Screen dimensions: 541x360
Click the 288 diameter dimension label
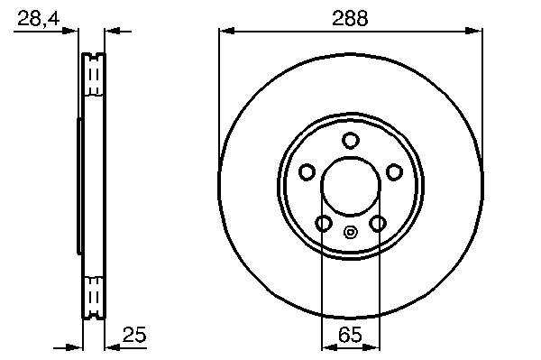350,18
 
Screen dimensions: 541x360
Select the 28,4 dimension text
38,18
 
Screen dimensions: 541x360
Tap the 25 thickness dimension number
134,334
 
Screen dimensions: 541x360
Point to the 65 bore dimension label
350,334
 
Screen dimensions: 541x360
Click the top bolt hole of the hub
350,141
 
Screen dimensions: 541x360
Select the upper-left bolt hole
307,172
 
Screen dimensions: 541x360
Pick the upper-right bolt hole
394,172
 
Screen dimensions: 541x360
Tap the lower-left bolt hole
324,224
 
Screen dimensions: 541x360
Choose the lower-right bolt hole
378,224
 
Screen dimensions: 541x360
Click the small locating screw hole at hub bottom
350,232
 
